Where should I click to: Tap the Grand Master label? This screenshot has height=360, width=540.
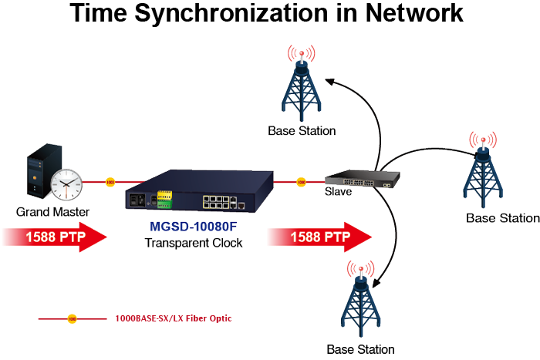click(52, 211)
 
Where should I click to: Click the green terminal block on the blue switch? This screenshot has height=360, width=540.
click(164, 199)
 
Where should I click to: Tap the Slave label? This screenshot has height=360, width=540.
click(339, 192)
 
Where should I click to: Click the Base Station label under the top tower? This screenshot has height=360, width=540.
click(302, 130)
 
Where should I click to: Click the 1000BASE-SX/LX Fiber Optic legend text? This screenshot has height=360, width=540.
click(173, 318)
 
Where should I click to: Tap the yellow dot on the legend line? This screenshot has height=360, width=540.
click(72, 318)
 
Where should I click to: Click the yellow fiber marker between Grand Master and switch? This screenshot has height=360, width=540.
click(110, 183)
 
